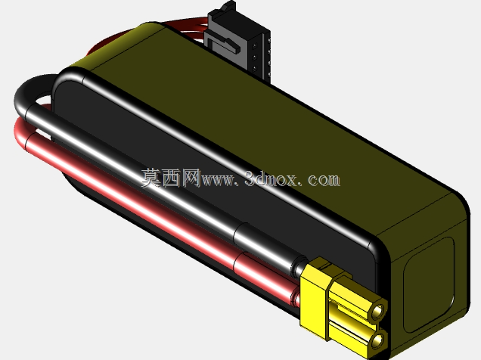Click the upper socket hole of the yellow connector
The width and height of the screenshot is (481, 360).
click(377, 312)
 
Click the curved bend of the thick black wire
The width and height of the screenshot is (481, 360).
click(29, 92)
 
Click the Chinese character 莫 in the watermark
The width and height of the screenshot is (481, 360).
click(151, 178)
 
